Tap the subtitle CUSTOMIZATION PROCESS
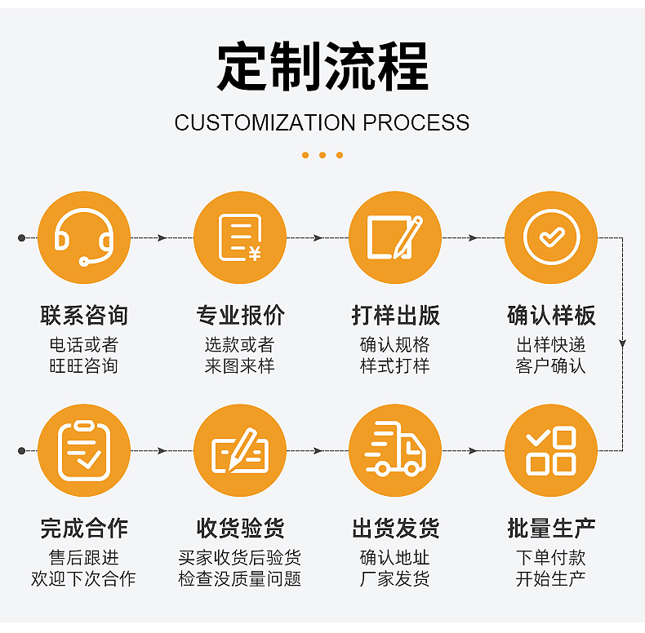pyautogui.click(x=322, y=123)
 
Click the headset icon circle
pyautogui.click(x=84, y=237)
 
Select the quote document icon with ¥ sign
pyautogui.click(x=240, y=237)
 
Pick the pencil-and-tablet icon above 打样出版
pyautogui.click(x=395, y=237)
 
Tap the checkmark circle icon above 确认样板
pyautogui.click(x=551, y=237)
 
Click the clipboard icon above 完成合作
pyautogui.click(x=84, y=450)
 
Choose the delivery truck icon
pyautogui.click(x=395, y=450)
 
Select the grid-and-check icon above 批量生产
pyautogui.click(x=551, y=450)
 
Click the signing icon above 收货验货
pyautogui.click(x=240, y=450)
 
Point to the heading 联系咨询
pyautogui.click(x=84, y=316)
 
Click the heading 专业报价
pyautogui.click(x=240, y=316)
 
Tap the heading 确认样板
pyautogui.click(x=551, y=316)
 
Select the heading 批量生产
pyautogui.click(x=551, y=529)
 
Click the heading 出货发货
pyautogui.click(x=395, y=529)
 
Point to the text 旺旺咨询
pyautogui.click(x=84, y=366)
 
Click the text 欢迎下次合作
pyautogui.click(x=84, y=579)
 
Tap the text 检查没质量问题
pyautogui.click(x=240, y=579)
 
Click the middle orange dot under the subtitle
pyautogui.click(x=322, y=155)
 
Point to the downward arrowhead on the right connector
pyautogui.click(x=623, y=344)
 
